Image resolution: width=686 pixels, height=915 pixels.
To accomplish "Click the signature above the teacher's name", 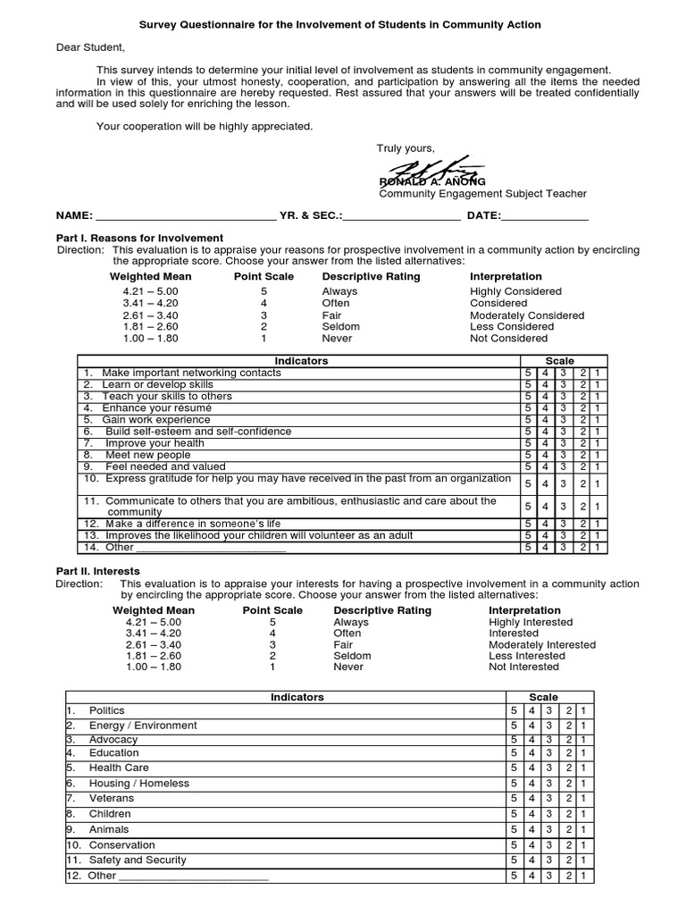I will (x=434, y=170).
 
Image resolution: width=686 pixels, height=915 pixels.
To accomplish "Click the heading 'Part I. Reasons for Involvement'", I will (x=139, y=238).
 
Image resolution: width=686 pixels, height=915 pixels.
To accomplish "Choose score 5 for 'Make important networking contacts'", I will (x=529, y=373).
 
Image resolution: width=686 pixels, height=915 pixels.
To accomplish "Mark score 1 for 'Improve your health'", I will (x=598, y=443).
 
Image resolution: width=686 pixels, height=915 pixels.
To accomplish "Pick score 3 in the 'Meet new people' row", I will (x=563, y=455).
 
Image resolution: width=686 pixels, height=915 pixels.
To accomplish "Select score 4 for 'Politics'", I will (x=531, y=710).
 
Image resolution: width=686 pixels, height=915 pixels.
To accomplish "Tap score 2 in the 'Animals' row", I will (x=568, y=830).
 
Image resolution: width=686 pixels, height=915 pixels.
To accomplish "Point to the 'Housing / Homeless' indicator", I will (x=139, y=784).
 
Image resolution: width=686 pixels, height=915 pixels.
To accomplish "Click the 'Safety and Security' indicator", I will (x=138, y=860).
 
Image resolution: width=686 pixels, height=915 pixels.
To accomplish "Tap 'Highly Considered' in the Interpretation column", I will (x=515, y=291).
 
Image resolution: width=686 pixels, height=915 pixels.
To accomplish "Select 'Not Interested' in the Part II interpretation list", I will (x=524, y=667).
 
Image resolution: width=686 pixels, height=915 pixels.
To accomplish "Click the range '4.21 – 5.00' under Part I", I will (x=151, y=291).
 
